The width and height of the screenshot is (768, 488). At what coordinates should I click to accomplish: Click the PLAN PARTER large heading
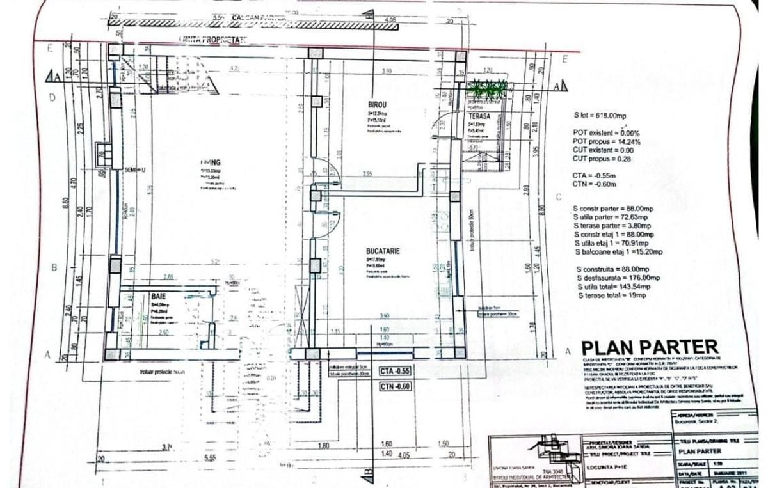(650, 348)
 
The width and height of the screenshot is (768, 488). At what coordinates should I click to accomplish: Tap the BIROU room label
(378, 104)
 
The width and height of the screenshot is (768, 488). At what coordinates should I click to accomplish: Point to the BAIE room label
(159, 297)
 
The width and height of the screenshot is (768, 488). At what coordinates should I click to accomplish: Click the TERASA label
(478, 116)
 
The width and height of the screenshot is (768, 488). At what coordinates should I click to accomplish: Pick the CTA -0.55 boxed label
(396, 371)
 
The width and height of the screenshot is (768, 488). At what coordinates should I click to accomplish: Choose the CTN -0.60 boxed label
(396, 386)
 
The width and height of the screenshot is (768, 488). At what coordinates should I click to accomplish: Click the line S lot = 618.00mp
(599, 116)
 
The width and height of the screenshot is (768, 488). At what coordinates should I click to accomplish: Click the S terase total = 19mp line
(612, 295)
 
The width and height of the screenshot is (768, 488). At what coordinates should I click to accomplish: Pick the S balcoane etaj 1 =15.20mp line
(619, 253)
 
